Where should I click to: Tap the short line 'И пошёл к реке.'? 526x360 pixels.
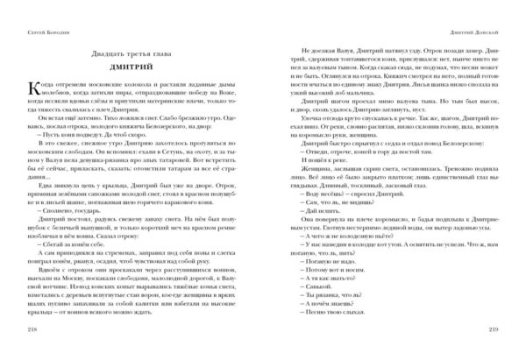coord(308,188)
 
